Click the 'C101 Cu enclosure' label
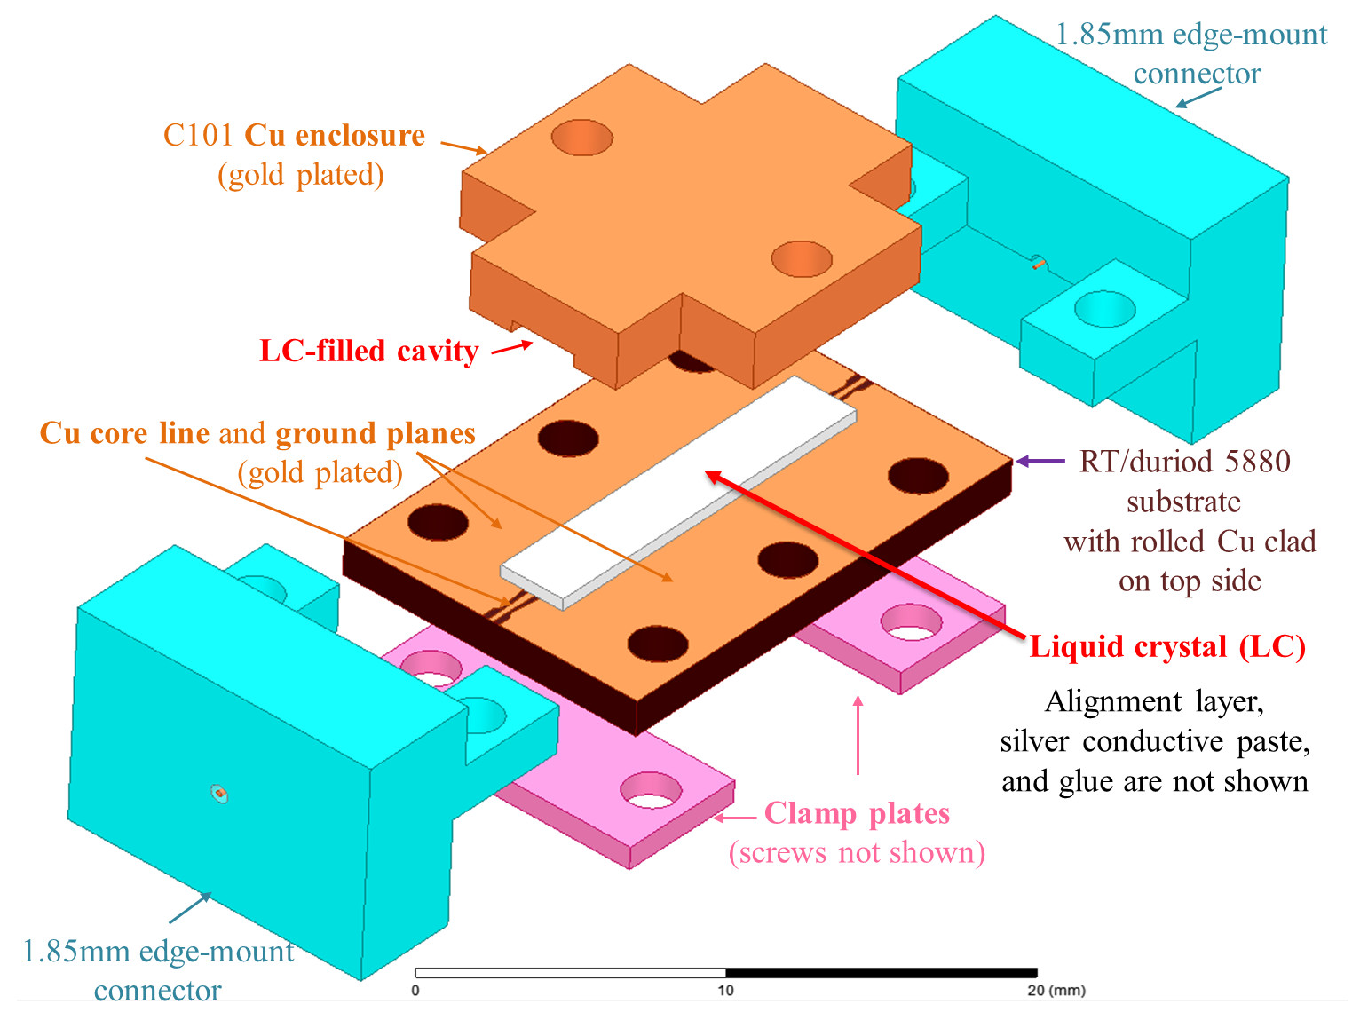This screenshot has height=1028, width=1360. pyautogui.click(x=294, y=135)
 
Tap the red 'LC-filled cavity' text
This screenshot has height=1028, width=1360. pyautogui.click(x=368, y=351)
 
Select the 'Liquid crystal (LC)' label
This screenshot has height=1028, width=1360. pyautogui.click(x=1166, y=646)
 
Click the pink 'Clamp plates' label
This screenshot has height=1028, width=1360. pyautogui.click(x=857, y=813)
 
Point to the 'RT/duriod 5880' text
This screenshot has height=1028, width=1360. pyautogui.click(x=1184, y=462)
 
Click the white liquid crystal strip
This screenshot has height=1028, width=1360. pyautogui.click(x=678, y=494)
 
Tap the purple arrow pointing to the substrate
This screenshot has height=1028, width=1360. pyautogui.click(x=1040, y=461)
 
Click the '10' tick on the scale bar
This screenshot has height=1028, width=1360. pyautogui.click(x=725, y=991)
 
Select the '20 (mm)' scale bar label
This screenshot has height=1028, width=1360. pyautogui.click(x=1056, y=991)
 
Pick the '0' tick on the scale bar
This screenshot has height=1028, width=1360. pyautogui.click(x=415, y=991)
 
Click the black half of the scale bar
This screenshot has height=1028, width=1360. pyautogui.click(x=881, y=973)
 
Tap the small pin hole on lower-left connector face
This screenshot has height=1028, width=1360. pyautogui.click(x=219, y=793)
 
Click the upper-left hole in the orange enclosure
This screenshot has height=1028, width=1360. pyautogui.click(x=582, y=138)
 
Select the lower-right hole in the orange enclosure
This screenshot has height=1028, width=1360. pyautogui.click(x=801, y=259)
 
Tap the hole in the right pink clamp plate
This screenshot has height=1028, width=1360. pyautogui.click(x=911, y=622)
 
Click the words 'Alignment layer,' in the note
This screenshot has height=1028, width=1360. pyautogui.click(x=1154, y=701)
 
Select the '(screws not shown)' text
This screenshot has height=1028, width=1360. pyautogui.click(x=857, y=852)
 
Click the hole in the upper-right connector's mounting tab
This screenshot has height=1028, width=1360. pyautogui.click(x=1104, y=309)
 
